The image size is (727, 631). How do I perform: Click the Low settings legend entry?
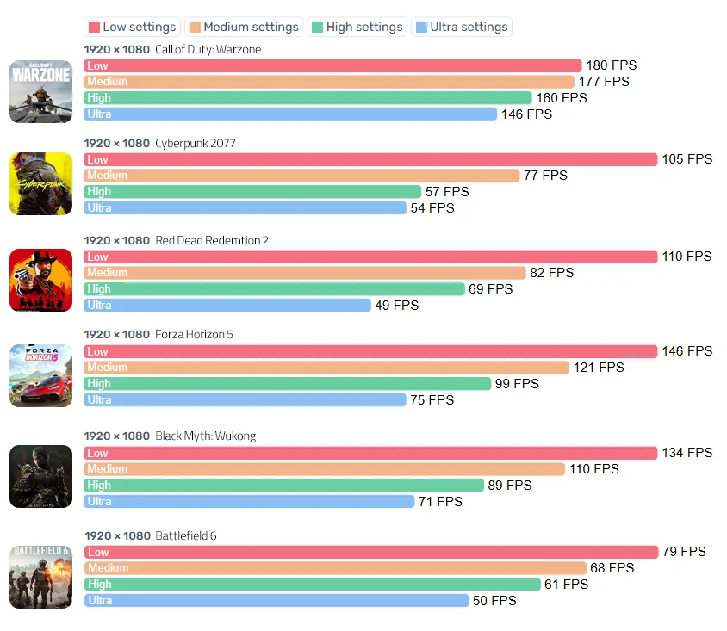point(132,27)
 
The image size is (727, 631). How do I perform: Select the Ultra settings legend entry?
point(462,27)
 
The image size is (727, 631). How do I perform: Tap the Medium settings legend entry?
point(244,27)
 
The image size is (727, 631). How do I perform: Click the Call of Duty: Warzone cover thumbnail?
point(40,91)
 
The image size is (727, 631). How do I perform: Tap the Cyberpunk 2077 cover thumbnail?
point(40,183)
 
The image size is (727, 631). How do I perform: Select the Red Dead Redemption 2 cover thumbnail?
point(40,280)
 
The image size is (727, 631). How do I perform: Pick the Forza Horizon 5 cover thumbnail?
point(40,375)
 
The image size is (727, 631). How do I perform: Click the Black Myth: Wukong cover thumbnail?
point(40,476)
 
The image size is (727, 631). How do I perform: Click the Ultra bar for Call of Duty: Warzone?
point(290,114)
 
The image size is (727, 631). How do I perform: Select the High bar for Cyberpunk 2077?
point(252,191)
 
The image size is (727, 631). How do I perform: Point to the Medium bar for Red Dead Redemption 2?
point(305,272)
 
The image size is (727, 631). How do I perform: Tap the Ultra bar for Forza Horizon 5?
point(245,399)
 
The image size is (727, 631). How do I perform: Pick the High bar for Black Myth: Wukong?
point(293,485)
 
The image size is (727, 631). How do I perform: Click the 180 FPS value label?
point(611,65)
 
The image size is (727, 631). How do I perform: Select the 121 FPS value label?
point(599,367)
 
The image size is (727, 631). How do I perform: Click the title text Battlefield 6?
point(186,535)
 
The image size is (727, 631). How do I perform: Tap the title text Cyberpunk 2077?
point(196,143)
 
